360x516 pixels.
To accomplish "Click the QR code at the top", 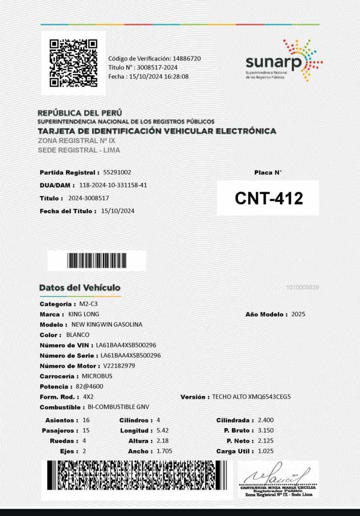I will [x=73, y=63].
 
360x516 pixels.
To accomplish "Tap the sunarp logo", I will [x=284, y=61].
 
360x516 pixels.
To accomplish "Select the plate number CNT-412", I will [x=268, y=198].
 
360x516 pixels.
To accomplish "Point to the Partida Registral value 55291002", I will [x=117, y=172].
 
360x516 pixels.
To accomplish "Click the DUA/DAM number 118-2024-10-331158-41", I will [x=113, y=185].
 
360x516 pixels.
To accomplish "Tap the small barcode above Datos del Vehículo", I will [x=97, y=261].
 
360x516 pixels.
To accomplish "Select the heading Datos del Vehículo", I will [x=80, y=288].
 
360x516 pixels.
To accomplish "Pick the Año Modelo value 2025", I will [x=298, y=314].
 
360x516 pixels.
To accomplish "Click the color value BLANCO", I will [x=78, y=335].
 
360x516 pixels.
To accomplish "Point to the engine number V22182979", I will [x=119, y=366].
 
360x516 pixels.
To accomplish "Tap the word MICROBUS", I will [x=97, y=376].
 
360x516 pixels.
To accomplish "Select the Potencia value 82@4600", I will [x=89, y=387].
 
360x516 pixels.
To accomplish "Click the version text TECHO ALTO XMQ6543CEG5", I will [x=251, y=397].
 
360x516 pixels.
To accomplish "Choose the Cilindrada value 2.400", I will [x=265, y=420].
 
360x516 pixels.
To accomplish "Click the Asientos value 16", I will [x=86, y=420].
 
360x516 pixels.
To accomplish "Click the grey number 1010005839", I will [x=302, y=287].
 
